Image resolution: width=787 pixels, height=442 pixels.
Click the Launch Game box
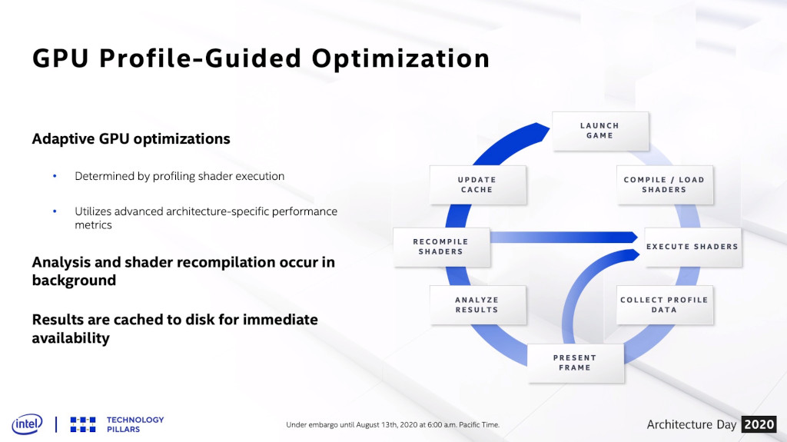(600, 131)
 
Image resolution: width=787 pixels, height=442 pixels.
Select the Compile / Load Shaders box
(665, 184)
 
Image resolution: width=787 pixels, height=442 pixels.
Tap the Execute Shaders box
(692, 247)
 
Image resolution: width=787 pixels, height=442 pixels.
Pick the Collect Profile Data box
(665, 305)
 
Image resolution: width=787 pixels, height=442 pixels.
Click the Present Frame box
(576, 363)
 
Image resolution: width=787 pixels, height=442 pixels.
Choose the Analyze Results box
(478, 305)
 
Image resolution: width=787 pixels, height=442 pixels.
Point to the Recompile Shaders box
(441, 247)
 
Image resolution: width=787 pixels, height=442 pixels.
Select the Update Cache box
(478, 184)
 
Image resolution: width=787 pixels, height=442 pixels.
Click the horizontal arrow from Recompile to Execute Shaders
(563, 237)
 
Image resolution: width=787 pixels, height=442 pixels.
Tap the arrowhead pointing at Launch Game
(542, 131)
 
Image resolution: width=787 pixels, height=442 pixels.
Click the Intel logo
(27, 424)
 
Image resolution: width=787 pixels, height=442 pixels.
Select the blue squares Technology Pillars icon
(83, 424)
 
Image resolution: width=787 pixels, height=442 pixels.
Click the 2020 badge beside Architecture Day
(759, 424)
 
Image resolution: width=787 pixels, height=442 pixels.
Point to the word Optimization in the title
(400, 58)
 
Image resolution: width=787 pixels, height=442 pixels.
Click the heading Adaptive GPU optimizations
(131, 138)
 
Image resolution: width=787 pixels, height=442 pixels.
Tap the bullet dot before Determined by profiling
(55, 176)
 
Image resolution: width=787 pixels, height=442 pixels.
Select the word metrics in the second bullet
(93, 225)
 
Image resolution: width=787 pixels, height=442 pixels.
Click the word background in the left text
(74, 281)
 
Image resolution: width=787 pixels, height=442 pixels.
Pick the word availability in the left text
(71, 338)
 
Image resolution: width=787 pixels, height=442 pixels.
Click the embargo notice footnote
(393, 424)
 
